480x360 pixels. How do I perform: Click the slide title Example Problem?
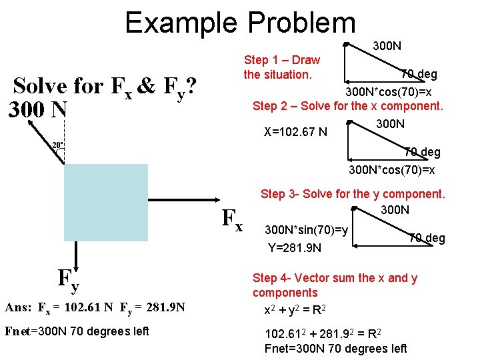[240, 23]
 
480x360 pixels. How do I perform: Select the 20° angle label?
[59, 145]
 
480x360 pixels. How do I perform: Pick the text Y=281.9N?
[294, 249]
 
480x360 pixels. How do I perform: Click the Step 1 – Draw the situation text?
[281, 67]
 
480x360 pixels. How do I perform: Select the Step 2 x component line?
[347, 106]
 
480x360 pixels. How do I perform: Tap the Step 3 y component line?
[352, 194]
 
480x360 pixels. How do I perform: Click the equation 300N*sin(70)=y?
[306, 230]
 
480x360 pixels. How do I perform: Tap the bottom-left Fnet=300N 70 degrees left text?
[76, 331]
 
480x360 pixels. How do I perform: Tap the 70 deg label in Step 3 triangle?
[426, 239]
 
